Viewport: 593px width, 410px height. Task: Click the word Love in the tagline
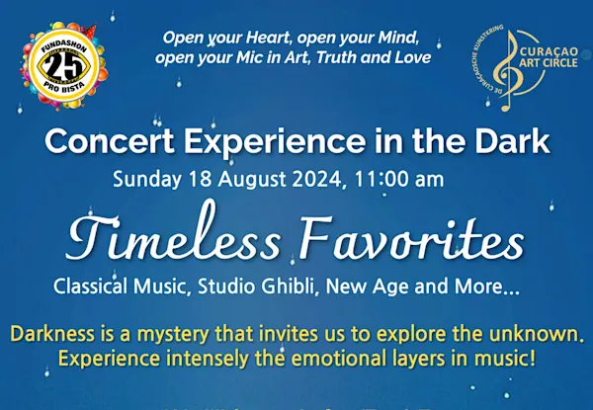tap(410, 57)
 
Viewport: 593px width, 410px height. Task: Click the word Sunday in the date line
tap(143, 181)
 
